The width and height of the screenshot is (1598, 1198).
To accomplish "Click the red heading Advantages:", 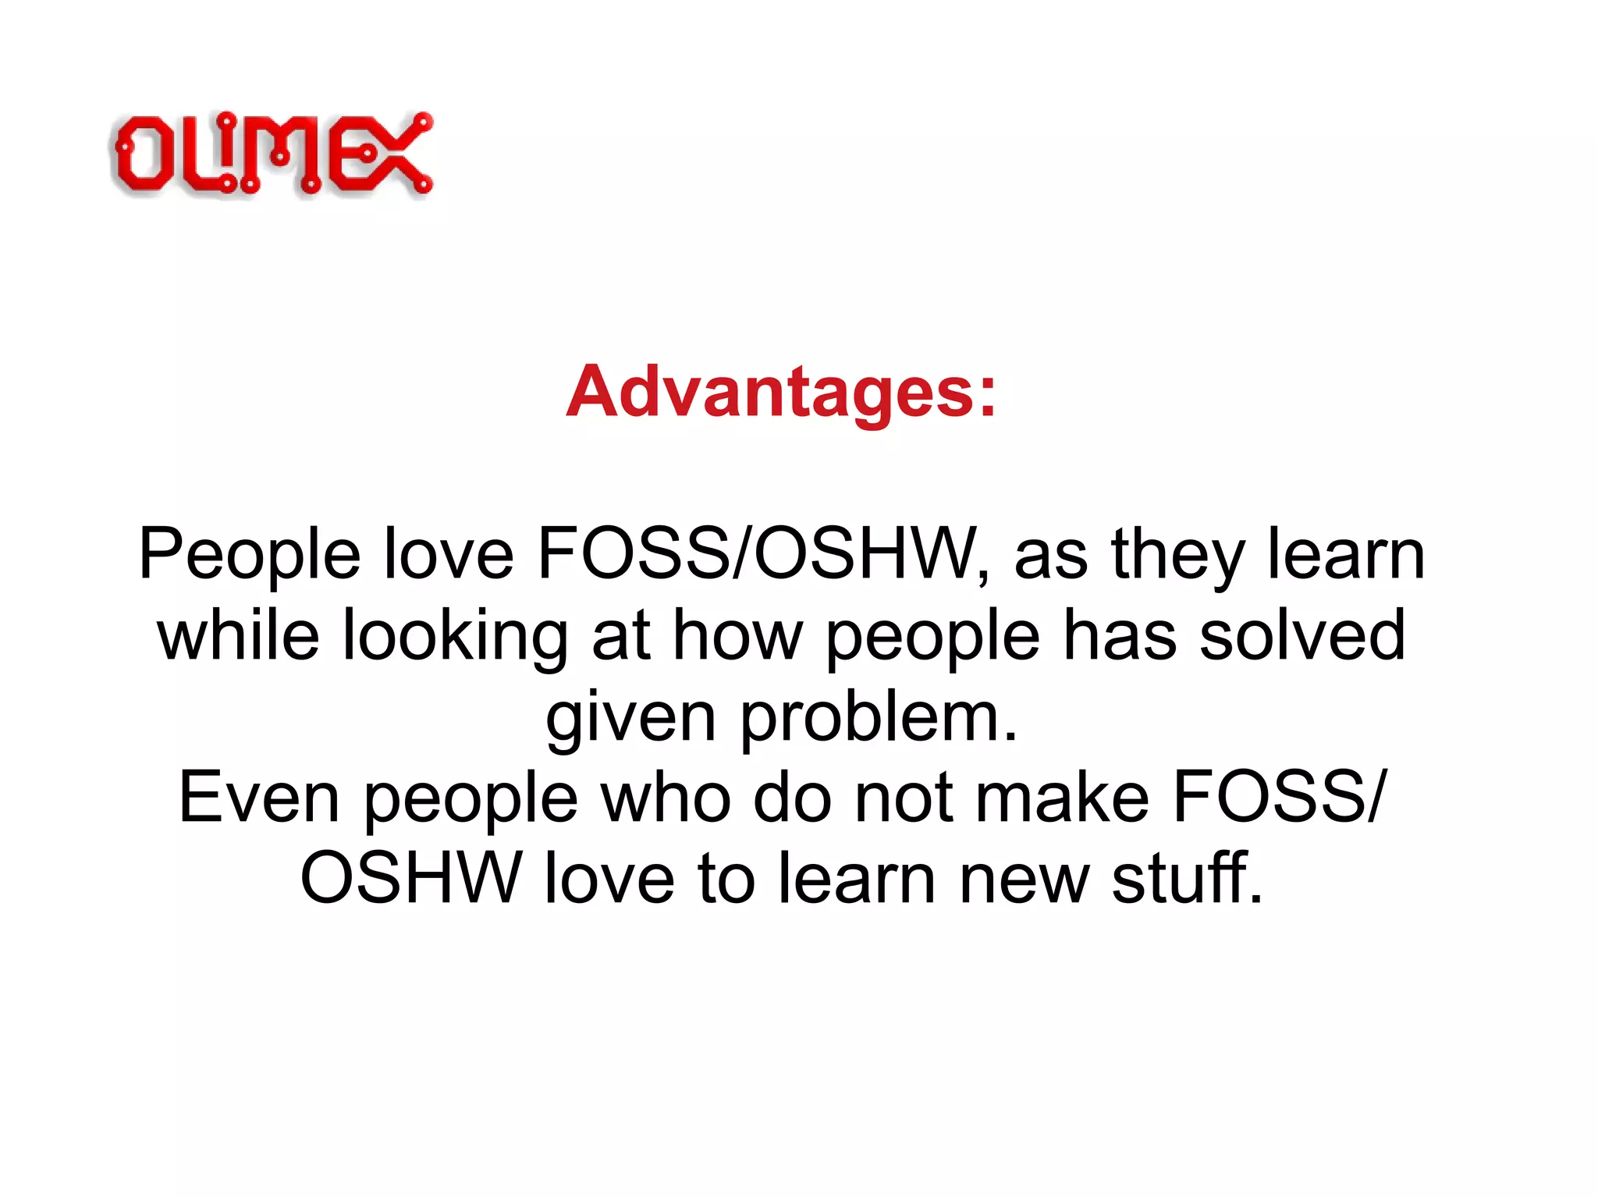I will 781,392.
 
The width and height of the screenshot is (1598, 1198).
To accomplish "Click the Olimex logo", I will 272,154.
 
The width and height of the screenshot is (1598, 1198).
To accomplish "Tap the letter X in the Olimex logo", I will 395,155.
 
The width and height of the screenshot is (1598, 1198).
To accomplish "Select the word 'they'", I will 1177,556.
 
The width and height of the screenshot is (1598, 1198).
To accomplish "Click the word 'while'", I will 238,636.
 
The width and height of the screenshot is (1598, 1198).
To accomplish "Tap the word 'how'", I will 737,636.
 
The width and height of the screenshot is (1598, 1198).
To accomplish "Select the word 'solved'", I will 1302,636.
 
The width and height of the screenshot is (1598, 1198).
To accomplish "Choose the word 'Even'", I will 259,798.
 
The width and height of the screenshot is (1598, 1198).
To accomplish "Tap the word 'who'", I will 666,798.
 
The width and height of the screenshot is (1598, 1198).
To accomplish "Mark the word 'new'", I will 1023,880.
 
